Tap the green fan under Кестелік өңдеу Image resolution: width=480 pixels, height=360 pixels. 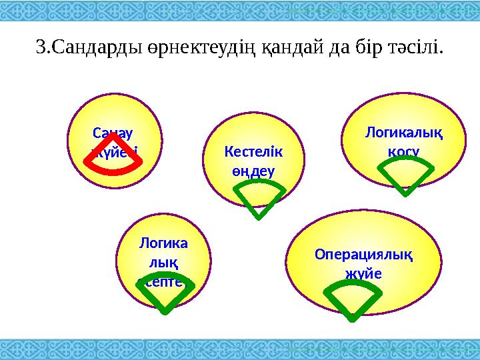coord(259,200)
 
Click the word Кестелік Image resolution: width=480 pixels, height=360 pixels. coord(253,152)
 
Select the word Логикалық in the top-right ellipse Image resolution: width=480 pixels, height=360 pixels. coord(403,133)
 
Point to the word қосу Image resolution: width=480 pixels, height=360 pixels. coord(403,152)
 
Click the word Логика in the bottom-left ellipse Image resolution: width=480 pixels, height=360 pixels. coord(163,244)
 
